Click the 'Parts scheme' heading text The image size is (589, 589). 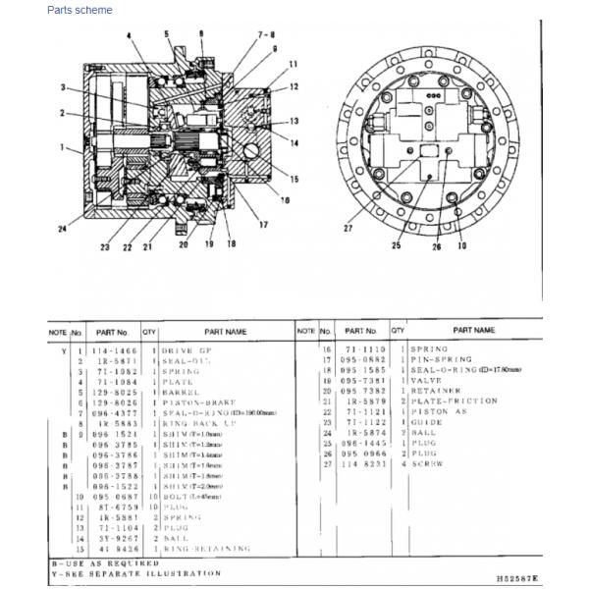(x=80, y=10)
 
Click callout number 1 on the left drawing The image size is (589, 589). (x=62, y=149)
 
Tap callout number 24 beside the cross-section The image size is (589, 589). (x=63, y=230)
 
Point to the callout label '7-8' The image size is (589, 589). (x=266, y=35)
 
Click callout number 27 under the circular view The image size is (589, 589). (x=348, y=228)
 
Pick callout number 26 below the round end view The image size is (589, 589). (x=438, y=246)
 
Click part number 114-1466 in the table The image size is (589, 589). (x=113, y=349)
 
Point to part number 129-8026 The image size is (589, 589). (x=113, y=402)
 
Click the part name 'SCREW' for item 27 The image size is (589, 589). (x=424, y=463)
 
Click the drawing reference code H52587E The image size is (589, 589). (x=514, y=580)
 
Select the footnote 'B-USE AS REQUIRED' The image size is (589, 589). (x=105, y=563)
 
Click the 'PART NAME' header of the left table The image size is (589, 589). (x=225, y=332)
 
